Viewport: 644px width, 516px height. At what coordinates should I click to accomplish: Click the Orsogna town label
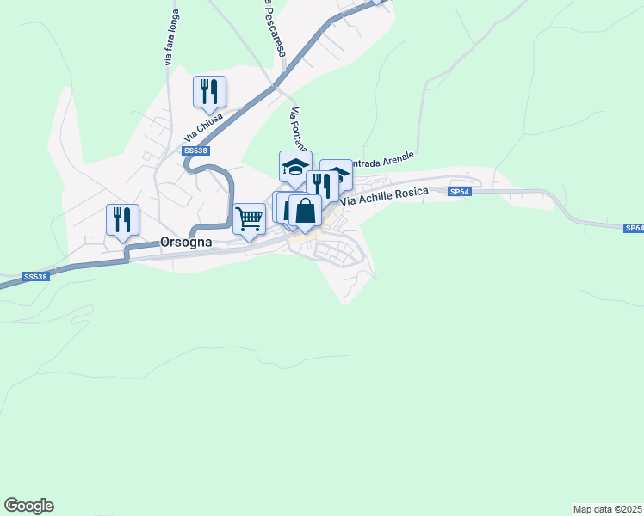click(x=187, y=243)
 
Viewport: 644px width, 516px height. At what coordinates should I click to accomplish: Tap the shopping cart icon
click(x=249, y=218)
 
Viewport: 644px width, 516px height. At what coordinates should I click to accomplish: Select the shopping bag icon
click(x=305, y=210)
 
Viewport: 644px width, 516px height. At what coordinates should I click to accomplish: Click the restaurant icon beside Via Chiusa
click(x=209, y=91)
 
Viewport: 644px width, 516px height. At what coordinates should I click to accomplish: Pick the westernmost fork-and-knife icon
click(x=122, y=219)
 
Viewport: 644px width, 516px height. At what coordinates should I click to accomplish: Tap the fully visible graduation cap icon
click(x=295, y=166)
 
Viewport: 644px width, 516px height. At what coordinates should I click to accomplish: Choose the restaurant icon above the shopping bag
click(x=321, y=184)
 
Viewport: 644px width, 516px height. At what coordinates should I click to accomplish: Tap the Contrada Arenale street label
click(x=386, y=163)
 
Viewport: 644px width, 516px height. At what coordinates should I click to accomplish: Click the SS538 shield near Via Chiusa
click(x=195, y=150)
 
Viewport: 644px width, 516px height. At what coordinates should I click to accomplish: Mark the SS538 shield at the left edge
click(x=35, y=277)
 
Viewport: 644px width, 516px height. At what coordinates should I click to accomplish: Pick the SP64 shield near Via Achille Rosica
click(x=460, y=193)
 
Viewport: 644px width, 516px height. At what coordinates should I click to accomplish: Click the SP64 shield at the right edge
click(x=635, y=228)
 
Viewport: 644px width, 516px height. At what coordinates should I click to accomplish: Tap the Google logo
click(x=28, y=506)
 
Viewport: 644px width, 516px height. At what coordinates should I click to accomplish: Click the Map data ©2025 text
click(x=607, y=508)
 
